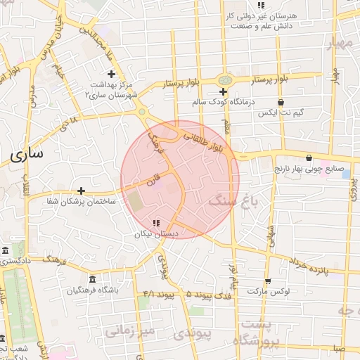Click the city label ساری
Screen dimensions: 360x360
point(27,153)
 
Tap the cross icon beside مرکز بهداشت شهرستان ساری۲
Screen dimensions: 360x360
point(111,74)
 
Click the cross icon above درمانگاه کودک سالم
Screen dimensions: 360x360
point(223,92)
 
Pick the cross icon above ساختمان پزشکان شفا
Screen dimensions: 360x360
point(82,191)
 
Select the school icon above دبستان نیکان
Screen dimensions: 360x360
point(155,223)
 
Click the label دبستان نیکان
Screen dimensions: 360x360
point(156,233)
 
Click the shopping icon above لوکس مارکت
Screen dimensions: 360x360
point(281,279)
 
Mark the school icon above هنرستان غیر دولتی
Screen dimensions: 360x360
point(262,5)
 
